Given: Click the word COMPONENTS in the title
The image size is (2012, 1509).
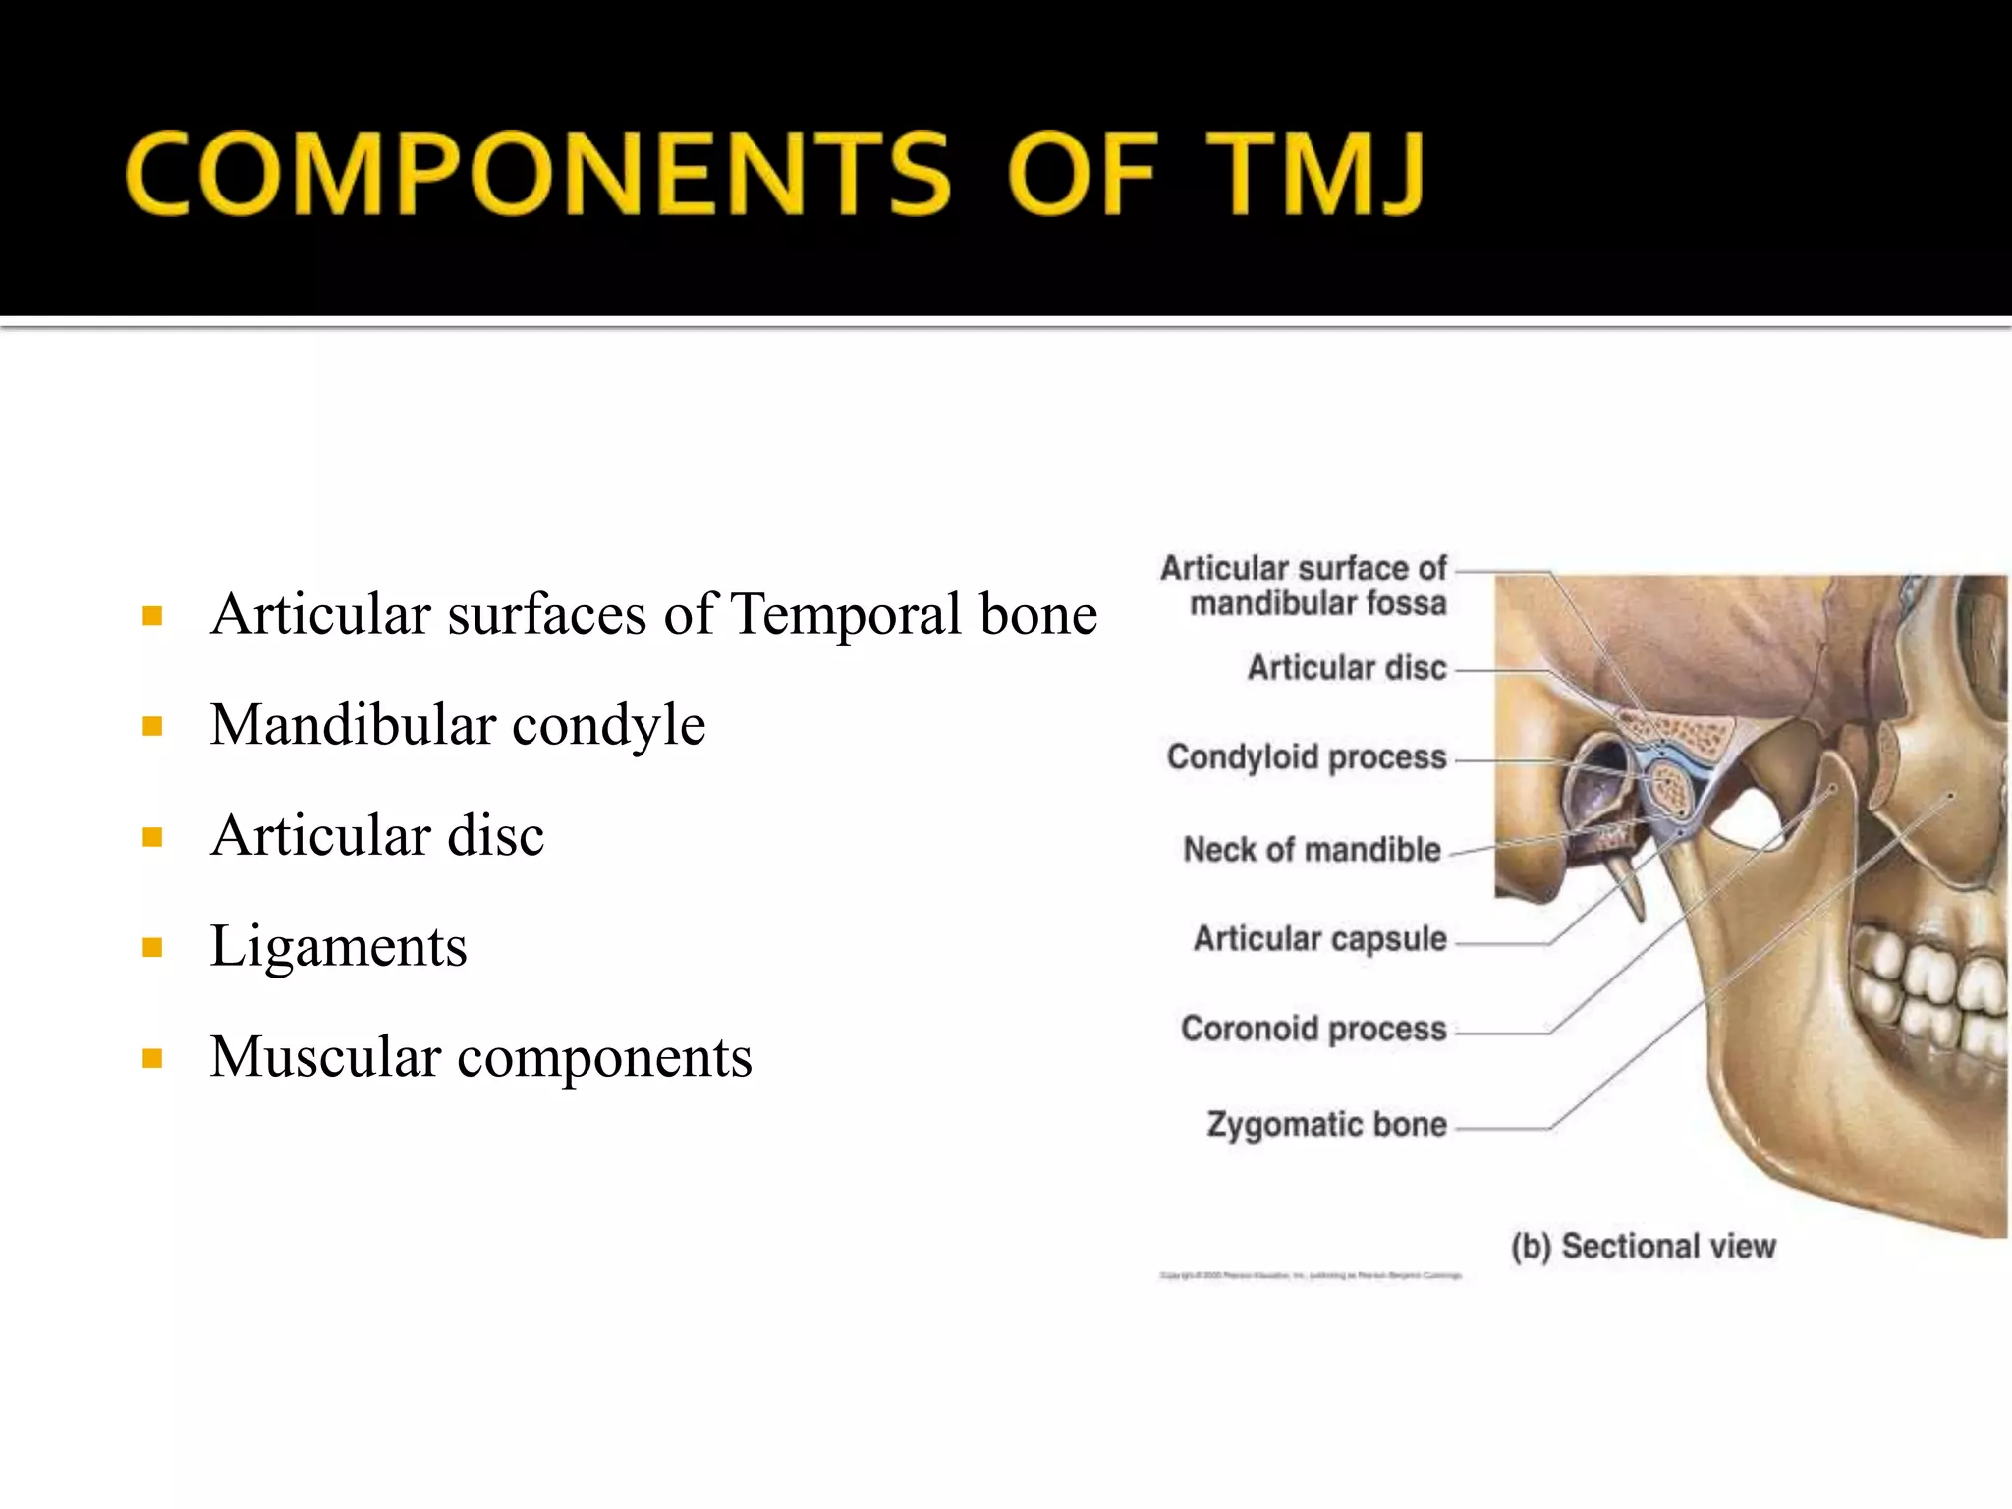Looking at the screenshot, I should click(537, 174).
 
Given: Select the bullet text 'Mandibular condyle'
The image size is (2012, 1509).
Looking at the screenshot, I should click(458, 725).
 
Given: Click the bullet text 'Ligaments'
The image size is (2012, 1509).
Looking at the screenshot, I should click(338, 946).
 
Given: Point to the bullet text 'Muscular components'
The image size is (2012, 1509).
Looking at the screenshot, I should click(480, 1057).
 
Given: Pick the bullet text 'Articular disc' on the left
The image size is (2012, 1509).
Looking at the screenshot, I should click(377, 836).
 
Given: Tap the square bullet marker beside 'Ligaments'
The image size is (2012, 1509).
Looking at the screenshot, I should click(152, 948).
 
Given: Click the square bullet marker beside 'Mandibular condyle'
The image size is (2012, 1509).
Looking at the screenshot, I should click(152, 727).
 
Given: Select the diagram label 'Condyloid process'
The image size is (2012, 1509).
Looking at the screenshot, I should click(1306, 757).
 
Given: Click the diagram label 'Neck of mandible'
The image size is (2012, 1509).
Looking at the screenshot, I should click(1312, 850).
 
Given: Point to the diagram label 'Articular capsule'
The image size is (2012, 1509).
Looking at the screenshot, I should click(1319, 939).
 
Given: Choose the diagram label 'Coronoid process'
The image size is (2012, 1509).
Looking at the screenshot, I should click(1313, 1029).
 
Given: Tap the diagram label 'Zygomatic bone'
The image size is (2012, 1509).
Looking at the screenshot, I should click(1326, 1124).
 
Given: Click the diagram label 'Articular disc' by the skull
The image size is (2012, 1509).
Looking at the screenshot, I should click(1347, 668).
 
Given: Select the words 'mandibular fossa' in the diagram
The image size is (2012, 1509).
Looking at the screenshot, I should click(1318, 603).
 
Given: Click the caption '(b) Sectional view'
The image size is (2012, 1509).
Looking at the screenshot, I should click(1644, 1246).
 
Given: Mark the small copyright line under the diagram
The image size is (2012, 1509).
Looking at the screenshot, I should click(1311, 1276).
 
